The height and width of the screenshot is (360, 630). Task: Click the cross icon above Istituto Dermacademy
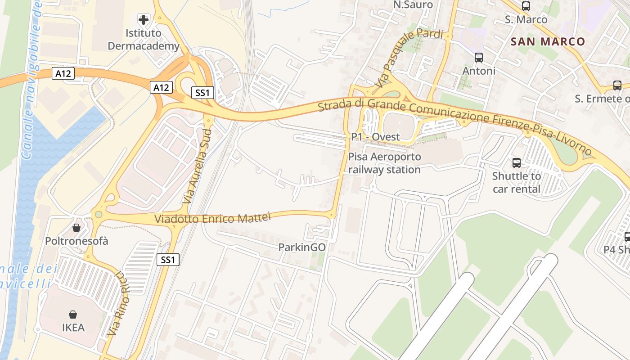coord(144,19)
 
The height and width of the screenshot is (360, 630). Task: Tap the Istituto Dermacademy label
coord(143,40)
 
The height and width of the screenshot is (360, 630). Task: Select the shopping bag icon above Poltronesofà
coord(76,227)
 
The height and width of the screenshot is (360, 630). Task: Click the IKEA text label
coord(73,328)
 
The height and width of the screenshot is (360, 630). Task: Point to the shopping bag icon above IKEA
coord(73,314)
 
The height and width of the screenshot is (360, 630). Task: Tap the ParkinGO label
coord(302,247)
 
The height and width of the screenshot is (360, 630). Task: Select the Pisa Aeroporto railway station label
coord(384,163)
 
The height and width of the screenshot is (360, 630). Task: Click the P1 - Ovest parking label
coord(375,137)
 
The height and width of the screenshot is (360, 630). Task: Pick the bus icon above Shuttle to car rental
coord(517,162)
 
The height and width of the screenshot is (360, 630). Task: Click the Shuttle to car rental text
coord(517,182)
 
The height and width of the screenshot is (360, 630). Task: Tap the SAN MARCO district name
coord(548,42)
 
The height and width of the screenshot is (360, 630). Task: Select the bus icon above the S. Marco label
coord(526,6)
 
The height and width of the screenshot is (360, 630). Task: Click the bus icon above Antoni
coord(479,58)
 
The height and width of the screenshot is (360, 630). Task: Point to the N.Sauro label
coord(413,5)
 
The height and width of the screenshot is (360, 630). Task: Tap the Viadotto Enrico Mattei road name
coord(212,218)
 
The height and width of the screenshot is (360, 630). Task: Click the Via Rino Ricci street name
coord(117,304)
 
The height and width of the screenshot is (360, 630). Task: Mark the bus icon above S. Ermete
coord(617,85)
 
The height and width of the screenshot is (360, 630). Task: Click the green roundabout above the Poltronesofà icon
coord(98,214)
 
